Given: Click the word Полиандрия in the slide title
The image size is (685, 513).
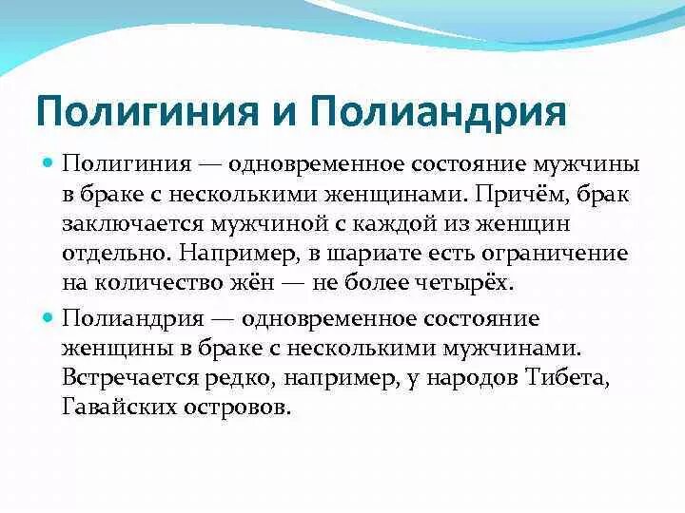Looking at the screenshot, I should click(x=438, y=110).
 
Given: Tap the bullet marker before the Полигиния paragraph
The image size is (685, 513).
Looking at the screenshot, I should click(x=49, y=163).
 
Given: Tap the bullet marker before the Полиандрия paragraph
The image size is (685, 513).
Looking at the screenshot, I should click(x=49, y=318).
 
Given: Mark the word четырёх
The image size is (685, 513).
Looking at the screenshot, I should click(x=463, y=284).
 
